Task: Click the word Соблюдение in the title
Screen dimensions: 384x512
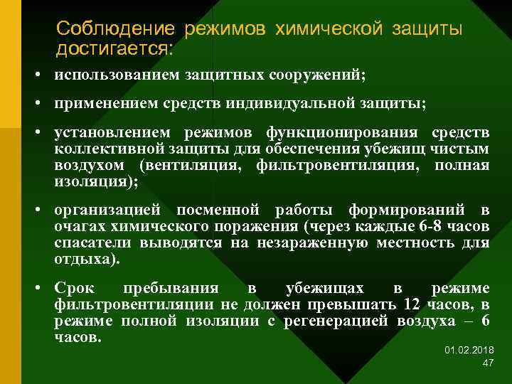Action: (x=114, y=29)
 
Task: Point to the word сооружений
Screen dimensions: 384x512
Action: (x=318, y=74)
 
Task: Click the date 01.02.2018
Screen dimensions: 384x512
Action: (x=469, y=351)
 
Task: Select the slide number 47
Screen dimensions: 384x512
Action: (x=488, y=363)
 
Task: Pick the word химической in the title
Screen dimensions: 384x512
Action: (x=331, y=29)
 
